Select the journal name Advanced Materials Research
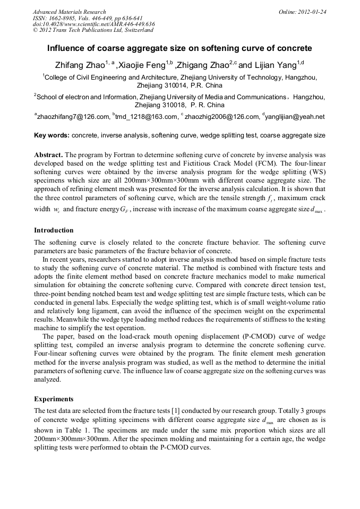69,12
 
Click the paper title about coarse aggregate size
180,48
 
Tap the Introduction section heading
54,230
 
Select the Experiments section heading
54,399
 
